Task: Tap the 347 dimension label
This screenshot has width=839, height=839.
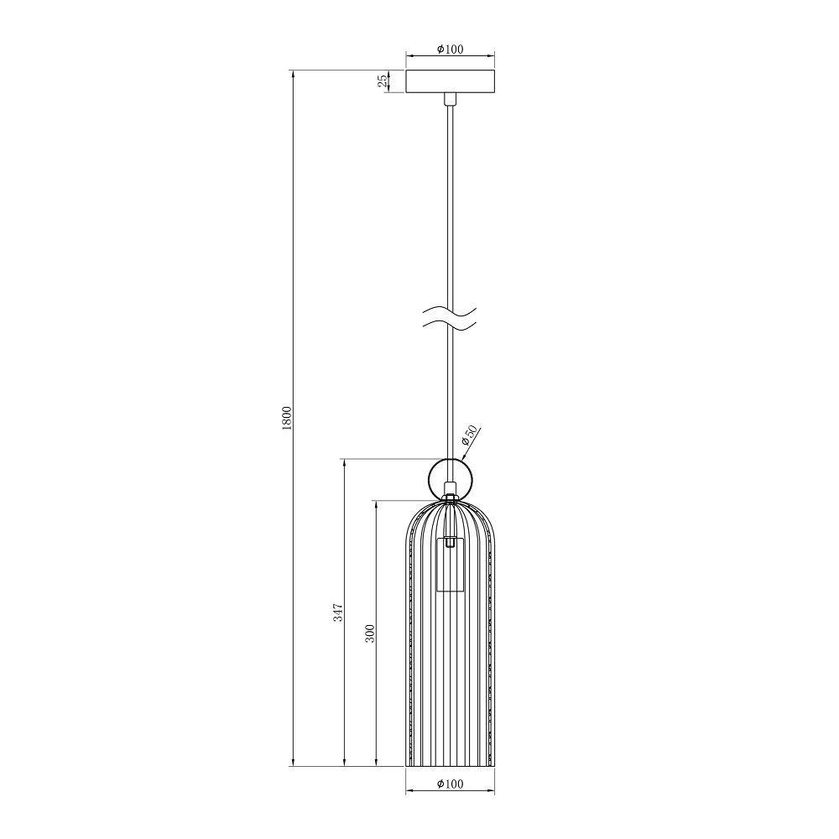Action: coord(338,612)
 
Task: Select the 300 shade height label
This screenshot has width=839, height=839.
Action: coord(370,633)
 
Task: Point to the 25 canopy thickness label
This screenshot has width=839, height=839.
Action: coord(383,81)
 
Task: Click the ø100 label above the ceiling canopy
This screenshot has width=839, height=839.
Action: coord(450,50)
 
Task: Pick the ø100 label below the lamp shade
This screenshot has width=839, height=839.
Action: coord(450,784)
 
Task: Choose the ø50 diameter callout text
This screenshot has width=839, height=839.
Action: coord(469,436)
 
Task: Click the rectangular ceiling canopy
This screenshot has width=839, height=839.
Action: coord(450,81)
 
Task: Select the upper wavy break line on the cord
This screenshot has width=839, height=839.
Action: coord(450,311)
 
